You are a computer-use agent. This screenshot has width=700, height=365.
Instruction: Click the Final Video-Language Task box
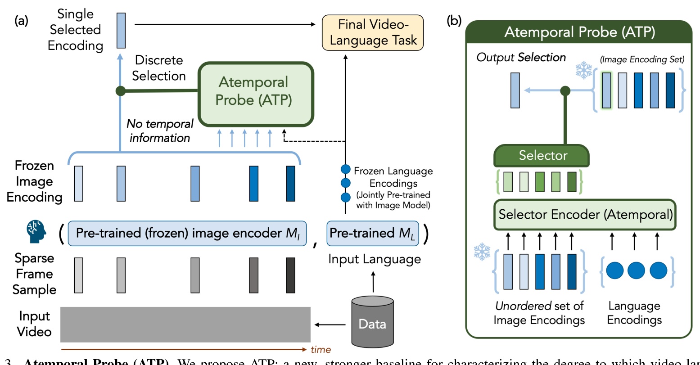coord(373,32)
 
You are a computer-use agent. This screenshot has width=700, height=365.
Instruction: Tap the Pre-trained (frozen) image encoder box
coord(187,233)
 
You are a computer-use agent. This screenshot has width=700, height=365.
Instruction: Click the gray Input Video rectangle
coord(185,324)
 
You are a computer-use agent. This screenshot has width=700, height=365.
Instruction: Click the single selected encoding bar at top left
coord(121,30)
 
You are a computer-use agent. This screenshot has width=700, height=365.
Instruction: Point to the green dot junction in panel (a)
coord(120,91)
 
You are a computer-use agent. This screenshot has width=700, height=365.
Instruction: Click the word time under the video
coord(321,350)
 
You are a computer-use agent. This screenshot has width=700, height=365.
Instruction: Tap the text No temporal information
coord(159,131)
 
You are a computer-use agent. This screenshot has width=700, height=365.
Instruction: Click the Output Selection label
coord(521,58)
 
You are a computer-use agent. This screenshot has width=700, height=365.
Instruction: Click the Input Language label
coord(374,259)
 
